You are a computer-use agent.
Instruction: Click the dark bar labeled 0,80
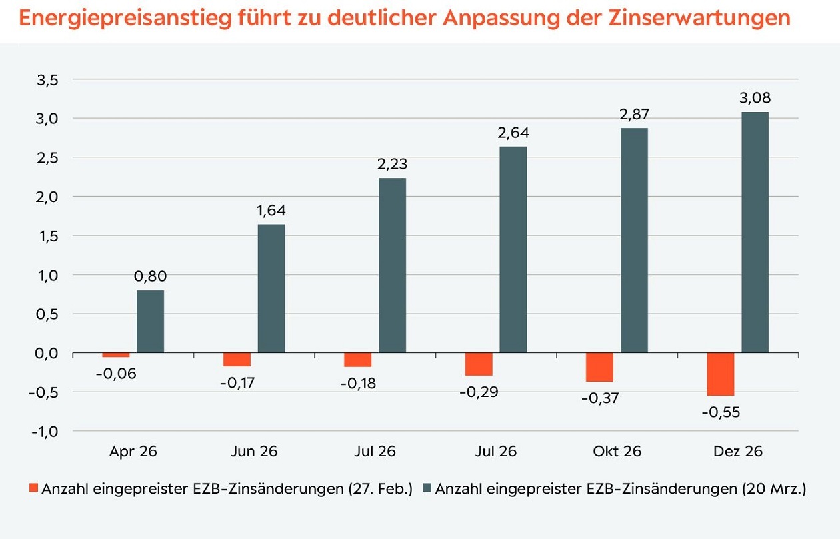[x=150, y=321]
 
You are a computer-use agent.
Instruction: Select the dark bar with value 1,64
[x=271, y=288]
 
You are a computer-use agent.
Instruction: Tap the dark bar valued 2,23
[x=392, y=265]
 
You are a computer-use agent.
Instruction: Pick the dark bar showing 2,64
[x=513, y=249]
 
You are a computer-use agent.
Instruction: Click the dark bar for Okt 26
[x=634, y=240]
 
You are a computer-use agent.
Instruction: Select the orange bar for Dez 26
[x=720, y=374]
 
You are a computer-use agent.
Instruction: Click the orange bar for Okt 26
[x=599, y=367]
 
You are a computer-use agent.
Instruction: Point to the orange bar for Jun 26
[x=237, y=360]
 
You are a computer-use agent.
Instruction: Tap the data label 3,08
[x=755, y=98]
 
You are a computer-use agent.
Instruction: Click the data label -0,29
[x=479, y=392]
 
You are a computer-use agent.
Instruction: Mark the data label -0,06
[x=116, y=374]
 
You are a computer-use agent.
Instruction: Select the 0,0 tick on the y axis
[x=46, y=353]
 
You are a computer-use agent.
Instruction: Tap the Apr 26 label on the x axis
[x=133, y=451]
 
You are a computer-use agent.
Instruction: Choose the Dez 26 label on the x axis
[x=737, y=451]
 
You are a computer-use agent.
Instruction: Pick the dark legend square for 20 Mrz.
[x=426, y=488]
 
